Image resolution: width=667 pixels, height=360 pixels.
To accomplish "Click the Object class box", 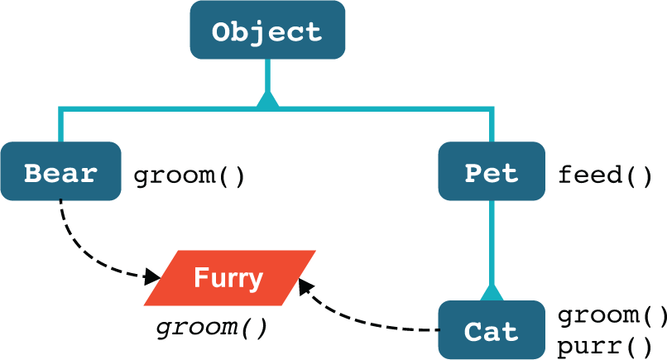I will pyautogui.click(x=266, y=31).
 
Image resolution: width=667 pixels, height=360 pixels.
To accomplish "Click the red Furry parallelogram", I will pyautogui.click(x=229, y=278).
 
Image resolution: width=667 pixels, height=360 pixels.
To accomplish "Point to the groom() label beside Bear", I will pyautogui.click(x=189, y=175).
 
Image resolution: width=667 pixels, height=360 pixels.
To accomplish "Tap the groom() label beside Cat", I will pyautogui.click(x=611, y=315).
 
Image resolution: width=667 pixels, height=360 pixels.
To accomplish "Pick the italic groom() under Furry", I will pyautogui.click(x=212, y=326).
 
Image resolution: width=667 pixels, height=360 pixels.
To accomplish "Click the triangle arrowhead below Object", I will pyautogui.click(x=267, y=99).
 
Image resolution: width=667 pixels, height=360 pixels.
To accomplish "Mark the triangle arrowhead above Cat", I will pyautogui.click(x=492, y=292).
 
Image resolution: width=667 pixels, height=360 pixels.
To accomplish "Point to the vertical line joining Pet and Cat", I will pyautogui.click(x=492, y=240).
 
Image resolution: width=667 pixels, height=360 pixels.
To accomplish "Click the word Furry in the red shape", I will pyautogui.click(x=228, y=278).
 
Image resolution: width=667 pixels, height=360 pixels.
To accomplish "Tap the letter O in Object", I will pyautogui.click(x=222, y=33).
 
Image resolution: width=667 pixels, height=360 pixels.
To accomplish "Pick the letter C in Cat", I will pyautogui.click(x=473, y=332).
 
